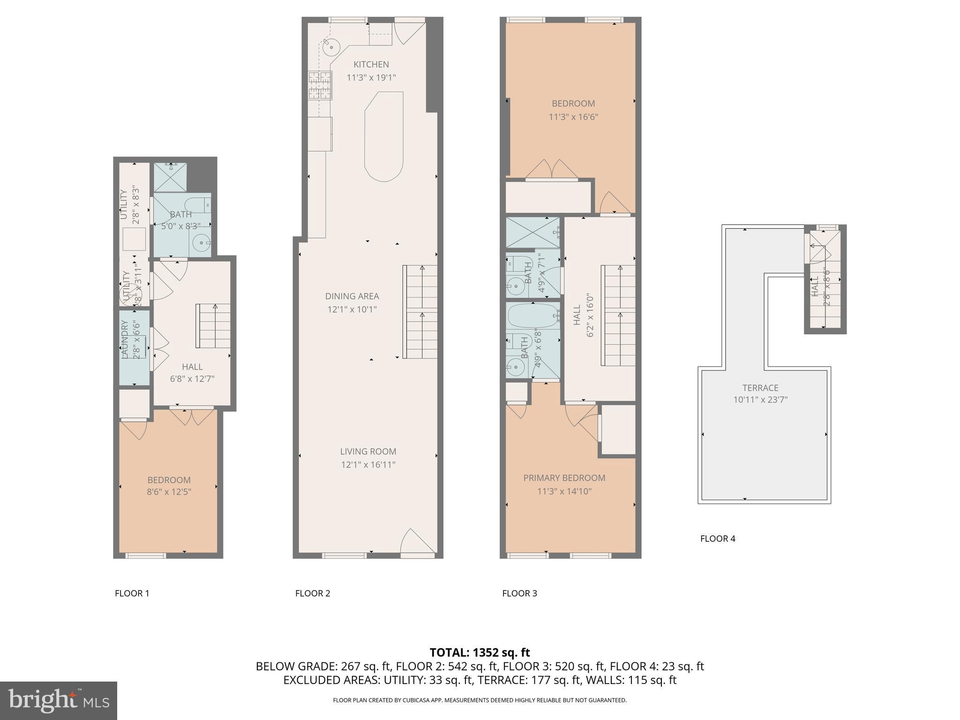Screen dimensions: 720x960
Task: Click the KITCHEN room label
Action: (x=371, y=65)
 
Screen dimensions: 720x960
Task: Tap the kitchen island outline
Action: (x=384, y=136)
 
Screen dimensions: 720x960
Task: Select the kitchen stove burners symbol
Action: (x=320, y=85)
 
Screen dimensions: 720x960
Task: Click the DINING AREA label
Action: (x=352, y=296)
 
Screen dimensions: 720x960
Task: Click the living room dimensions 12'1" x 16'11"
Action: (x=368, y=465)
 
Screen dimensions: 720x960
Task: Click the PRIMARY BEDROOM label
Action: (x=564, y=478)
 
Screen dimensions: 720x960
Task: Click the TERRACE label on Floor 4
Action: (x=760, y=388)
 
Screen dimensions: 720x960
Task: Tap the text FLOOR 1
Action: (x=132, y=593)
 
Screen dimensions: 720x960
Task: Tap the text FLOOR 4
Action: (x=717, y=539)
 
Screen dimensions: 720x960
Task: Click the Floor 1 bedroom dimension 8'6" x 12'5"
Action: (x=169, y=492)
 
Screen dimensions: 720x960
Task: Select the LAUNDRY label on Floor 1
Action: (x=125, y=339)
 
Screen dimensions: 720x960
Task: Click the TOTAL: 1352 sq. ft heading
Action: (x=480, y=652)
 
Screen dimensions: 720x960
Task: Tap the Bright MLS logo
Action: (x=58, y=700)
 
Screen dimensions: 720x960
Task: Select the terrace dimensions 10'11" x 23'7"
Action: (x=760, y=400)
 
